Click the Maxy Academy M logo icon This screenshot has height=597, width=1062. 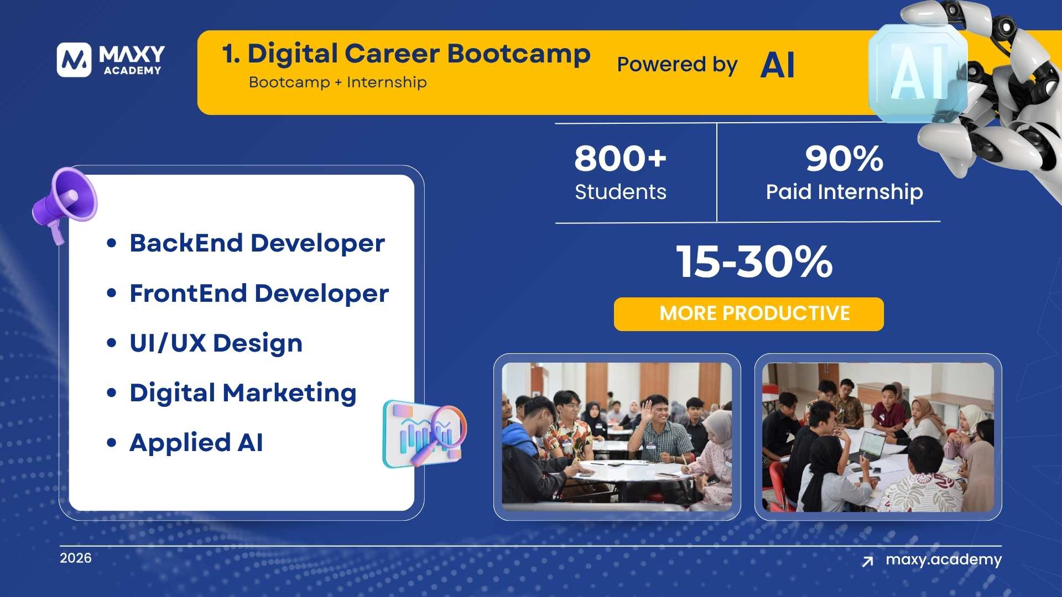pos(74,60)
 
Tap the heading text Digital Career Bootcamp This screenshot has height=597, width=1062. pos(407,54)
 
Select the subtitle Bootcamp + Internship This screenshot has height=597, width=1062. pos(337,82)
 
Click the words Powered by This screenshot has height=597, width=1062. pos(677,65)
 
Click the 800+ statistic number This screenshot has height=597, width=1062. pos(620,159)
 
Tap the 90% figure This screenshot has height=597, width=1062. pos(844,159)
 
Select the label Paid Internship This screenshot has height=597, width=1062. pos(844,192)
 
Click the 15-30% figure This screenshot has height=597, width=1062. pos(754,261)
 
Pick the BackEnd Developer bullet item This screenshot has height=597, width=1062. pos(257,243)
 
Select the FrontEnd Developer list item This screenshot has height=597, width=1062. pos(259,294)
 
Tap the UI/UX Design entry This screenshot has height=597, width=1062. pos(216,343)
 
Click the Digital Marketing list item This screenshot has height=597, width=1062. pos(243,393)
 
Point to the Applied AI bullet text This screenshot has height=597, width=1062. pos(196,443)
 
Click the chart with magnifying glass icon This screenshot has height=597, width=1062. pos(425,434)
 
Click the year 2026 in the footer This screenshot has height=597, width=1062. pos(76,558)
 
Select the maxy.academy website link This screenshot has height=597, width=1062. pos(943,559)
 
